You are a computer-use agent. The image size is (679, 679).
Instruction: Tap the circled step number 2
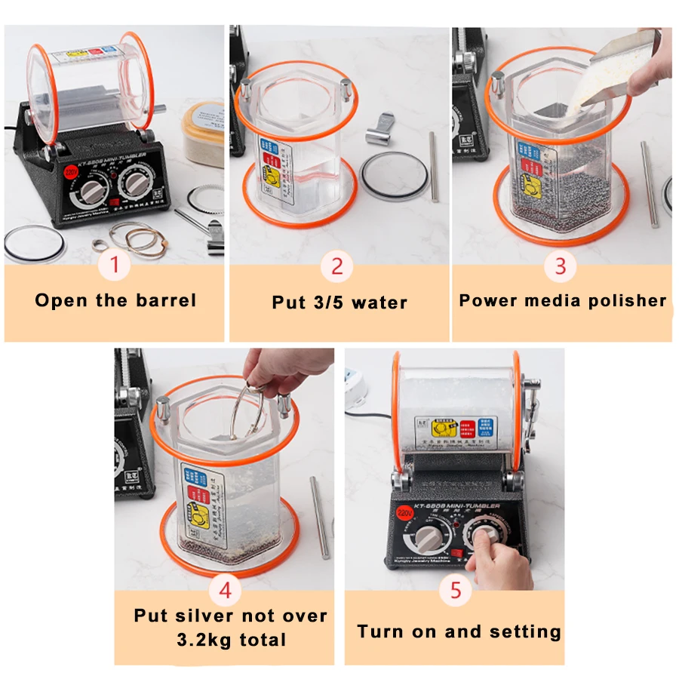337,266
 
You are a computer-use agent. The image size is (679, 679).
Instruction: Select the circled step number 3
561,266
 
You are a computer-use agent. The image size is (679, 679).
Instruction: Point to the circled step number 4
225,589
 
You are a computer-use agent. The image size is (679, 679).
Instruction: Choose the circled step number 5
455,590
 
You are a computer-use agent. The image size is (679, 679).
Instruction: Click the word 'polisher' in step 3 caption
631,300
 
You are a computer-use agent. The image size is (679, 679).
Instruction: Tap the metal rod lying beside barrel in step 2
433,166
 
